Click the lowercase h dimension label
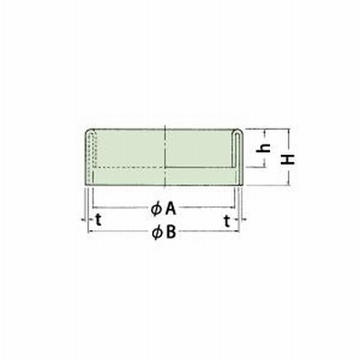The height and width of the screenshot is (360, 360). pyautogui.click(x=264, y=148)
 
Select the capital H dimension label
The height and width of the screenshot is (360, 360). pyautogui.click(x=288, y=159)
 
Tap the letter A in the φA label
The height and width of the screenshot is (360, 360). pyautogui.click(x=170, y=209)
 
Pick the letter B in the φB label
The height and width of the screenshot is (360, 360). pyautogui.click(x=170, y=232)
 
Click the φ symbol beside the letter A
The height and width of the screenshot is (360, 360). pyautogui.click(x=156, y=210)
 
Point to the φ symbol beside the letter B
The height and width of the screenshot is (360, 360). pyautogui.click(x=157, y=233)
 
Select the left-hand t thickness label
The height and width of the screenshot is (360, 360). pyautogui.click(x=99, y=220)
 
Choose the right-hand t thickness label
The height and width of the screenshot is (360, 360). pyautogui.click(x=228, y=221)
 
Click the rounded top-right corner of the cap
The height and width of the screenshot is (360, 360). pyautogui.click(x=241, y=130)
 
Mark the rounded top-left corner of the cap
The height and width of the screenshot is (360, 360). pyautogui.click(x=88, y=131)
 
